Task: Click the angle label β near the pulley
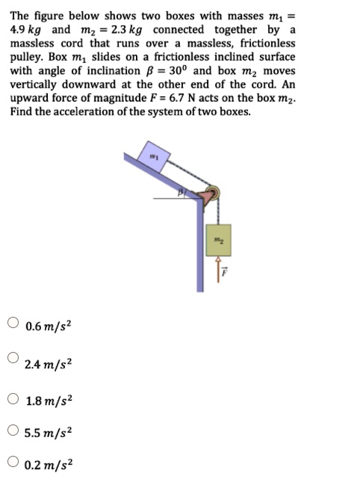click(181, 194)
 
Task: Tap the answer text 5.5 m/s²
click(48, 433)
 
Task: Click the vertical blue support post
click(201, 247)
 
